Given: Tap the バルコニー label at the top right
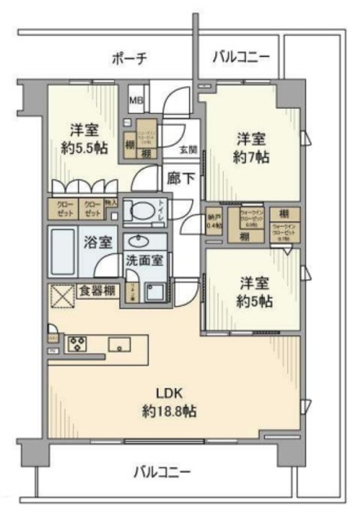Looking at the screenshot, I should [240, 57].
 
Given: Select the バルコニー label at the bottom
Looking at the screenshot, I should [163, 471].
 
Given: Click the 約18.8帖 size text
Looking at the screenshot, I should [167, 411].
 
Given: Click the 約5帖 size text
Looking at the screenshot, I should [255, 300].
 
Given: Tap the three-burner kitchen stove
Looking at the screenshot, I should [77, 342].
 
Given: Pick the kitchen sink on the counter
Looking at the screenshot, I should [120, 342].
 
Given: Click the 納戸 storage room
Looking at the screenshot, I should [214, 221].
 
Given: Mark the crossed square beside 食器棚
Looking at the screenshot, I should [63, 296].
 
